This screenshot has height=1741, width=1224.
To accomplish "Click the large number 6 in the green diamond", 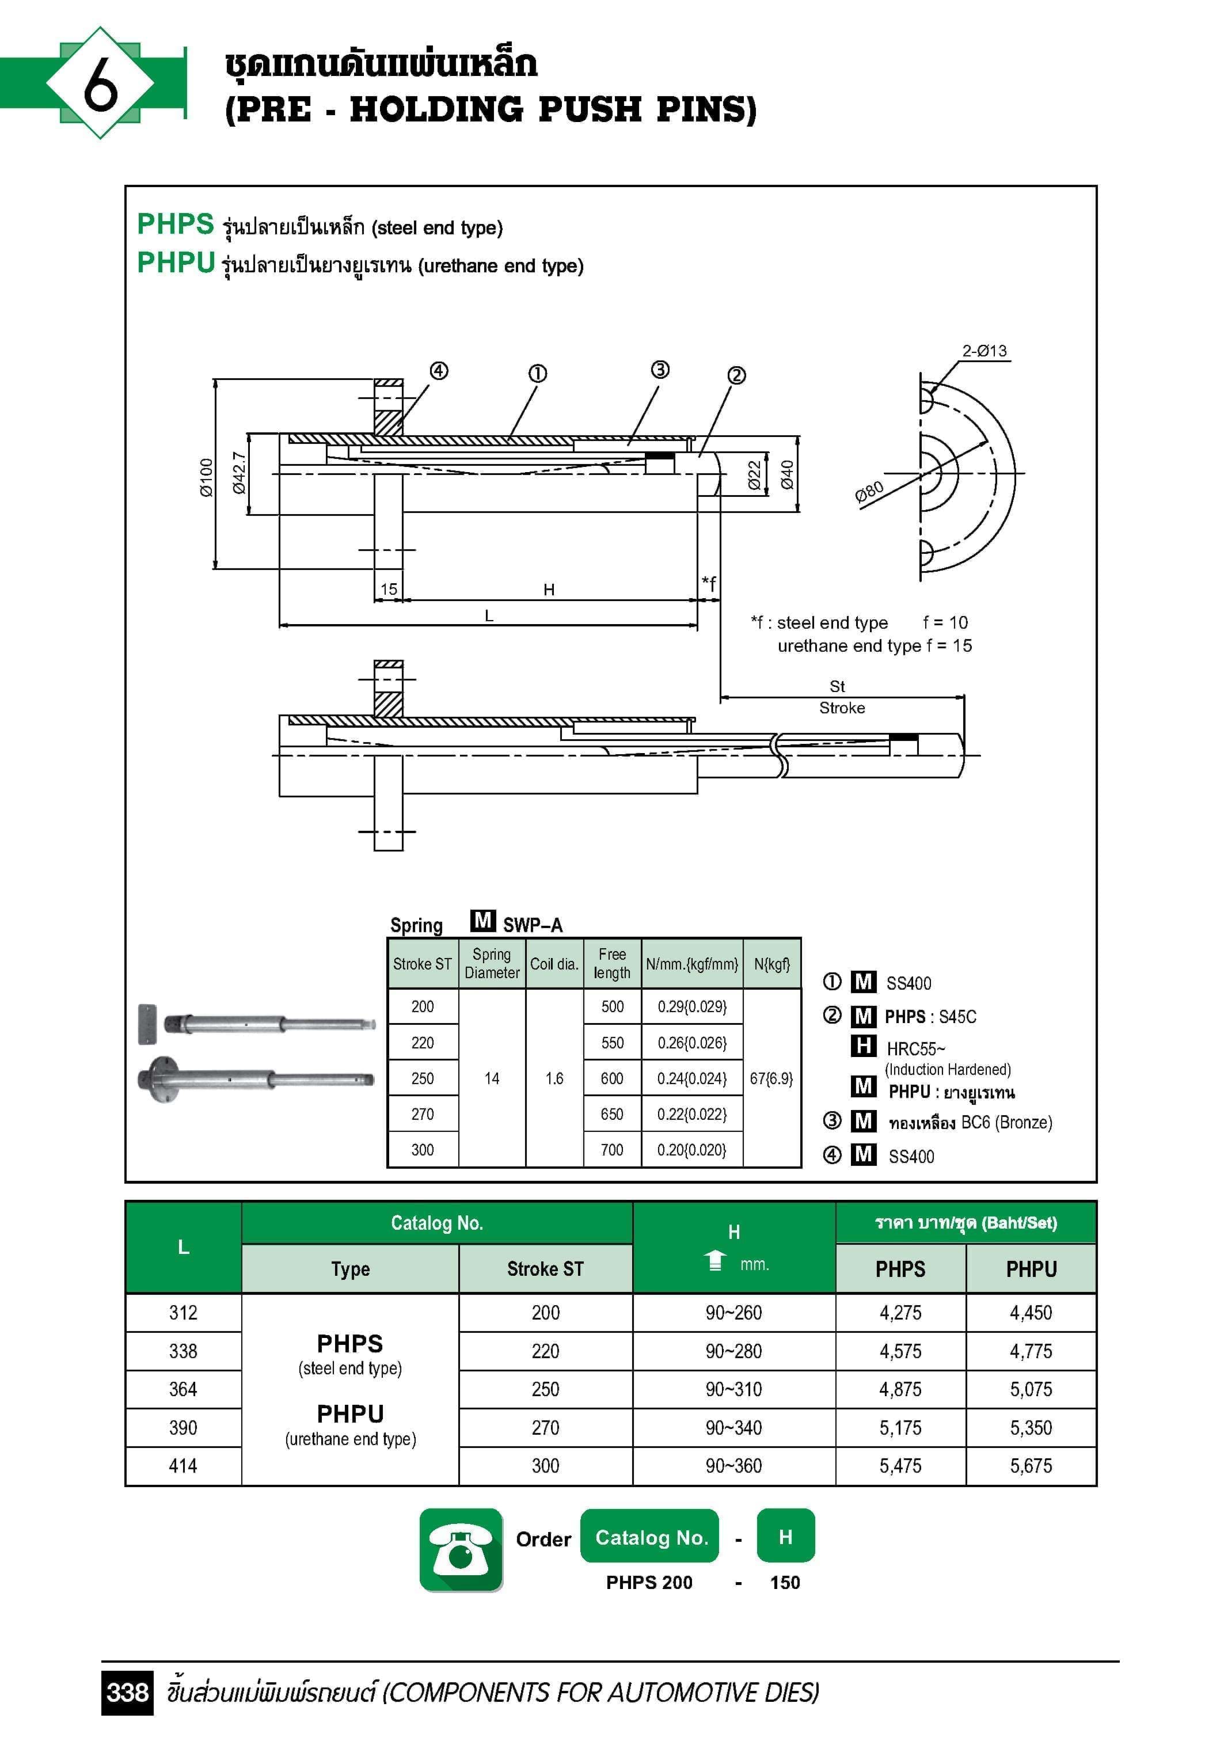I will [x=100, y=83].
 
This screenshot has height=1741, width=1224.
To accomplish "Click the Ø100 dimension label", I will [x=206, y=478].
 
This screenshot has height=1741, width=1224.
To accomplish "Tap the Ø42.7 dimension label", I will [x=239, y=473].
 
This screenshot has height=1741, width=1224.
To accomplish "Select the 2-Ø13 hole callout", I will [x=984, y=351].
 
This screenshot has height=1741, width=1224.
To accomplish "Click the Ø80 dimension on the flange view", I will [x=869, y=493].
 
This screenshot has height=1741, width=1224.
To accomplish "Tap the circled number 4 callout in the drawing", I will [x=439, y=371].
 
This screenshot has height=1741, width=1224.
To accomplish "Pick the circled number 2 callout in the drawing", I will [x=736, y=375].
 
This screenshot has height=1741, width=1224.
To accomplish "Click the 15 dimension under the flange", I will [x=388, y=589].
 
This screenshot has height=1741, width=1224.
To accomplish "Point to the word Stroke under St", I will [x=842, y=708].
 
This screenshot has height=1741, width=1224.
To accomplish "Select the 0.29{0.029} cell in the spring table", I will [x=691, y=1006].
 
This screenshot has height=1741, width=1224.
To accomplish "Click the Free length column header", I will [x=612, y=963].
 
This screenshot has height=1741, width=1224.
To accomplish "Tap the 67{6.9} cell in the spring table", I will [x=771, y=1078].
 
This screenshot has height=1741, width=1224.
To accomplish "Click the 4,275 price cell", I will [x=900, y=1313].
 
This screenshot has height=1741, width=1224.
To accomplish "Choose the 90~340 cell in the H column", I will [x=733, y=1428].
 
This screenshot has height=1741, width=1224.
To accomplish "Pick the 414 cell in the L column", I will [x=183, y=1466].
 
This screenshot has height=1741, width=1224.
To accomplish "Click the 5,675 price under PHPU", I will [x=1031, y=1466].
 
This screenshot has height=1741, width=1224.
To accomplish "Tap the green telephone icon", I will [x=461, y=1550].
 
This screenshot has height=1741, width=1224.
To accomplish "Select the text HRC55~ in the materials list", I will [x=916, y=1049].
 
